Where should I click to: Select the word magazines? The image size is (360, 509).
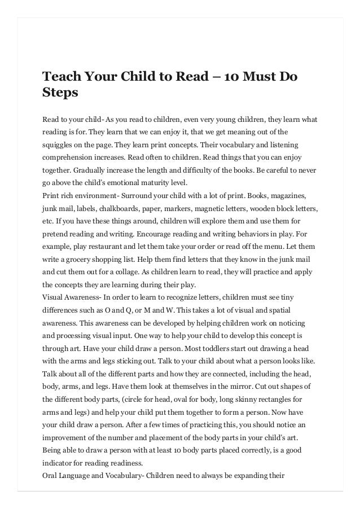287,195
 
